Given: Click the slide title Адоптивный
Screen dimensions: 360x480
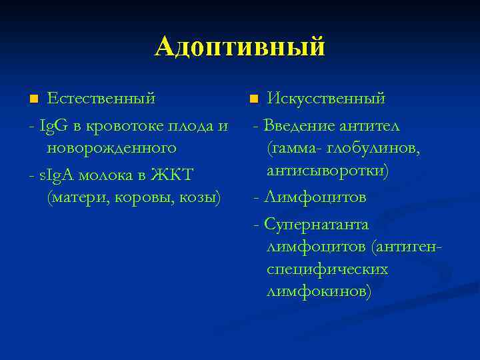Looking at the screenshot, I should [240, 47].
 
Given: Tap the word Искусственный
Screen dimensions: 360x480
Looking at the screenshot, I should [326, 99].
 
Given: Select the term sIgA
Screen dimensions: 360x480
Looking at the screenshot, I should [59, 175].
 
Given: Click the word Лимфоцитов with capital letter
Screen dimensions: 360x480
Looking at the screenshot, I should [315, 197].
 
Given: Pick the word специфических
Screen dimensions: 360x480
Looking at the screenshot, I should [327, 270].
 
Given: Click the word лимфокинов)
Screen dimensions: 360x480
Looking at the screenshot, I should [319, 292].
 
